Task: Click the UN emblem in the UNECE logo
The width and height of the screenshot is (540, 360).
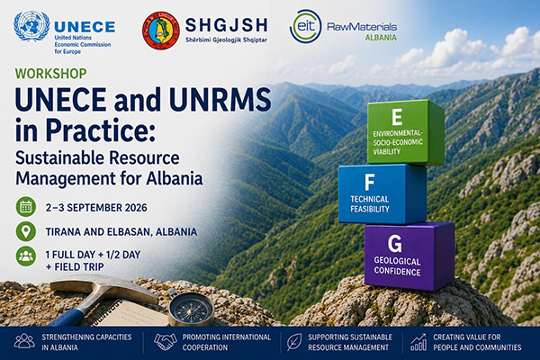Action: (31, 26)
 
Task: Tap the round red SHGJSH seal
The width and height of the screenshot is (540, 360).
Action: (161, 31)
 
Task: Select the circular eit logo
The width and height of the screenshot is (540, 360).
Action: (305, 26)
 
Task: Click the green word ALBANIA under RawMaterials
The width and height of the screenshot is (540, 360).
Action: (381, 38)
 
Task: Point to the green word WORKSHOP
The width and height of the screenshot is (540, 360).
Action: (51, 74)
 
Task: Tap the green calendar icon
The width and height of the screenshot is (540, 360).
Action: (26, 207)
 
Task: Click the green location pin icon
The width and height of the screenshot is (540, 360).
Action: (26, 231)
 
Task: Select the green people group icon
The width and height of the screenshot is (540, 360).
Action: (26, 256)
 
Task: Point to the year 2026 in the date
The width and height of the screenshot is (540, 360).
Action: (135, 208)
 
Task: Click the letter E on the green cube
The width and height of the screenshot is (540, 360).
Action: (397, 117)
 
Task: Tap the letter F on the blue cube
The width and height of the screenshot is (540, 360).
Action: (370, 183)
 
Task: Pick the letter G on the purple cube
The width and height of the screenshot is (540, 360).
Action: (395, 244)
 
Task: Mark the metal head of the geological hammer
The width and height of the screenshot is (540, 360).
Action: (103, 289)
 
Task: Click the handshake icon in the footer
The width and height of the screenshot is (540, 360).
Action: (166, 342)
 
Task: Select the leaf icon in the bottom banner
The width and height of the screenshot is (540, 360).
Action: (294, 342)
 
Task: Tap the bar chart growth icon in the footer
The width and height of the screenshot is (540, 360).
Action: (418, 342)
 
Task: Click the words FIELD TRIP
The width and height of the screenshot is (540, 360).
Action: (79, 267)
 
